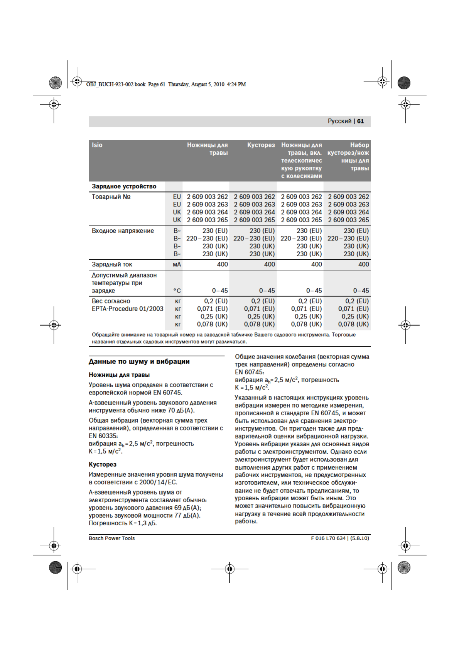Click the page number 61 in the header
click(x=360, y=121)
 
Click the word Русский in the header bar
click(x=339, y=121)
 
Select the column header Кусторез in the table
click(x=261, y=145)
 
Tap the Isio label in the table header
click(x=97, y=145)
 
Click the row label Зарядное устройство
click(x=124, y=186)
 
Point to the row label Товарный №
click(x=111, y=197)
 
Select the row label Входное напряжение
click(x=123, y=231)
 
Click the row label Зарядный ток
click(x=112, y=264)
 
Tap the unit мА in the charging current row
click(x=177, y=264)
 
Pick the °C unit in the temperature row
click(x=177, y=291)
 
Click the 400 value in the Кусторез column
click(x=269, y=264)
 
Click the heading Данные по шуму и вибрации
click(x=139, y=362)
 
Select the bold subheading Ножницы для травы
click(x=119, y=375)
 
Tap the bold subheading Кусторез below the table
click(x=103, y=464)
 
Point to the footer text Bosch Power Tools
click(x=112, y=538)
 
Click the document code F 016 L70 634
click(x=328, y=538)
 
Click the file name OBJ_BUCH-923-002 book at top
click(x=116, y=84)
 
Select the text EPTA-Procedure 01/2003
click(x=127, y=309)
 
